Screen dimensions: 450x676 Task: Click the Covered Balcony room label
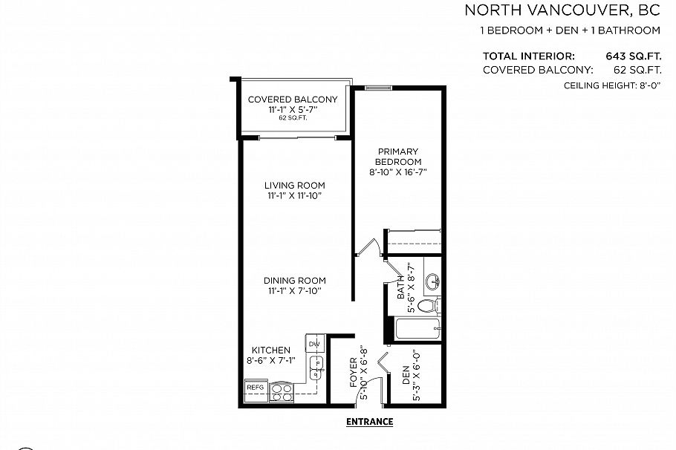292,100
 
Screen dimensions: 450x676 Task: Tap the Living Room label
295,186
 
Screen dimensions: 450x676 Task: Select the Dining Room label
295,280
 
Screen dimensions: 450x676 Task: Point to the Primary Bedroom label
397,157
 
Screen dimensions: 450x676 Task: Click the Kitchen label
270,350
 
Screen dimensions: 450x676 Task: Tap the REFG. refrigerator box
256,387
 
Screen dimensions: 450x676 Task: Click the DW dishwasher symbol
314,344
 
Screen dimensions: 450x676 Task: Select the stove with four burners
282,392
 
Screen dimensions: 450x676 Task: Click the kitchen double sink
316,366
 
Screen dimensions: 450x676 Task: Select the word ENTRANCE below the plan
369,422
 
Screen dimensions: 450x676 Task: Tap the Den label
406,376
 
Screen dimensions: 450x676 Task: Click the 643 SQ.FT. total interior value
634,56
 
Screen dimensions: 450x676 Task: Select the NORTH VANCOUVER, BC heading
562,10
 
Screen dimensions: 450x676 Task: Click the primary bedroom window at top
378,87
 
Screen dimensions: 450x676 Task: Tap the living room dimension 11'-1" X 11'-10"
295,196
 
